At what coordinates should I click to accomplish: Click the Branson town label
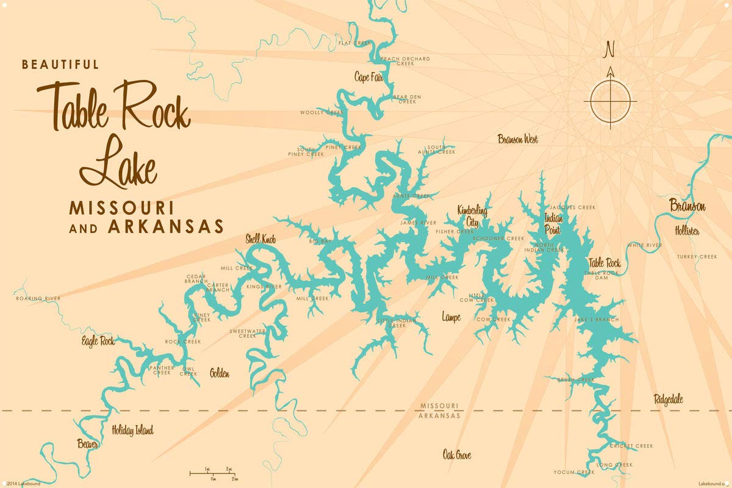tap(687, 206)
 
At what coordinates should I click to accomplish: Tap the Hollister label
tap(687, 231)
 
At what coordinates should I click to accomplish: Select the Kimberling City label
tap(473, 215)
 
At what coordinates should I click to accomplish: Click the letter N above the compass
tap(609, 49)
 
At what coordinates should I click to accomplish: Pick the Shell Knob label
tap(260, 240)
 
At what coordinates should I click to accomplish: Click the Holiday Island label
tap(132, 430)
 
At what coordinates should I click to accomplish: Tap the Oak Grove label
tap(457, 455)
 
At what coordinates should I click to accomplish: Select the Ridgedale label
tap(668, 400)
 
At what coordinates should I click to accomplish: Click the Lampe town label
tap(451, 317)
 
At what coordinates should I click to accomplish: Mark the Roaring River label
tap(39, 298)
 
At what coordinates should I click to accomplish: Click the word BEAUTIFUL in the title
tap(60, 64)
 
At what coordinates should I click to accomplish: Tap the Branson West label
tap(518, 139)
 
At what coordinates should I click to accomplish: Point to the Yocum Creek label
tap(574, 472)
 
